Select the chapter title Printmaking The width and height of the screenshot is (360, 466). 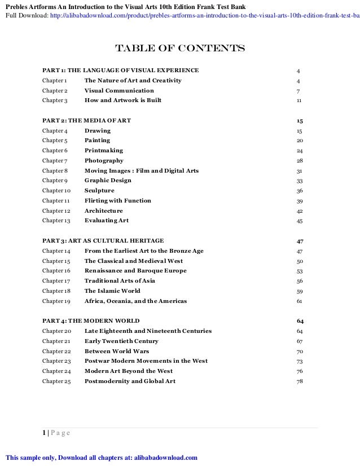[103, 151]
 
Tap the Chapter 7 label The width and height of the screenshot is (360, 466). [55, 161]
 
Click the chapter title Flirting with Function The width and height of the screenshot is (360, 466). [117, 201]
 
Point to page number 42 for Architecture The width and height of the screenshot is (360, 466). [300, 211]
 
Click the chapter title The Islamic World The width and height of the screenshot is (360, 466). [112, 291]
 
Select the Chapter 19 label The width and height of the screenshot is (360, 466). [56, 301]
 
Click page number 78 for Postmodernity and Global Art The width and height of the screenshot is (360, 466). [300, 381]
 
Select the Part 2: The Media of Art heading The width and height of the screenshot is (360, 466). [87, 121]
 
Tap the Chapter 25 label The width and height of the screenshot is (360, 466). [56, 381]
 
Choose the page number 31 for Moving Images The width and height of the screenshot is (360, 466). [300, 171]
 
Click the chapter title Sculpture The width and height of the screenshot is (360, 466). [99, 191]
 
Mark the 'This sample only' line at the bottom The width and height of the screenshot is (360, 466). [101, 457]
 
